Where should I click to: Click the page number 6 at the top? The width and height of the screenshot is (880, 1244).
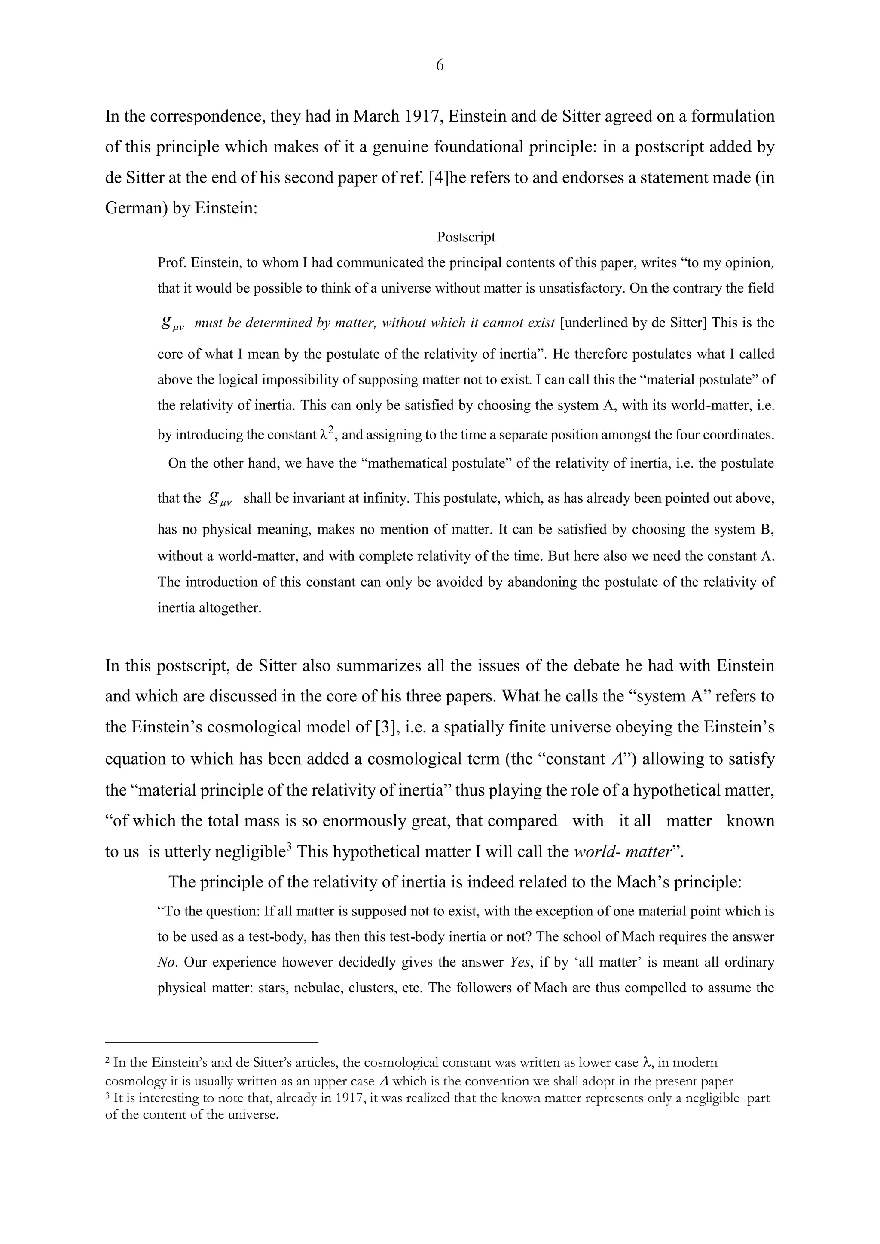(x=440, y=66)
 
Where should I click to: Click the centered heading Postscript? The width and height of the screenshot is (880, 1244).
(x=466, y=237)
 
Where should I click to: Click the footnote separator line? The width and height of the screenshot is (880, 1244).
(x=211, y=1042)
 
